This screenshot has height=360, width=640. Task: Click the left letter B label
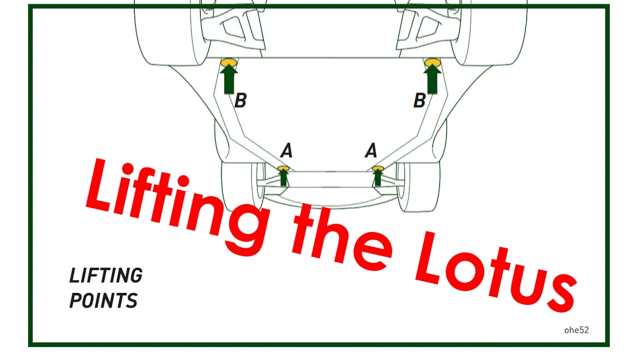click(x=240, y=100)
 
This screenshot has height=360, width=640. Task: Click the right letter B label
click(x=419, y=100)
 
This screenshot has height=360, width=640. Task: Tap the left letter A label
click(x=286, y=150)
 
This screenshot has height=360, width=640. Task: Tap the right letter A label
click(x=371, y=150)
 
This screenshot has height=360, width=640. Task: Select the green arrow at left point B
click(x=229, y=79)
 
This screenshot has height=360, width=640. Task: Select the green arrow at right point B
click(x=432, y=79)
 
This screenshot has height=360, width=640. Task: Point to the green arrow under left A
click(x=283, y=177)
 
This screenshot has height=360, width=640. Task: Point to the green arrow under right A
click(x=377, y=177)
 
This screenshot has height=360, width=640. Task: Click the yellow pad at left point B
click(x=229, y=61)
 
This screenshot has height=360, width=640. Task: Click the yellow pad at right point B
click(x=432, y=61)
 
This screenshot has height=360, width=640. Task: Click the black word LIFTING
click(x=106, y=275)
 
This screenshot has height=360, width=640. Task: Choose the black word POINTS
click(x=103, y=300)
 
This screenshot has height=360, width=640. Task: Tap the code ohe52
click(x=576, y=330)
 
